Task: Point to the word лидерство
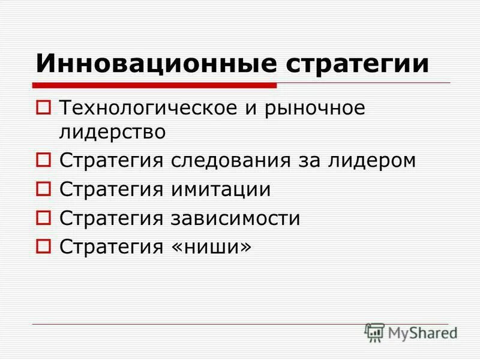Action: (x=112, y=131)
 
